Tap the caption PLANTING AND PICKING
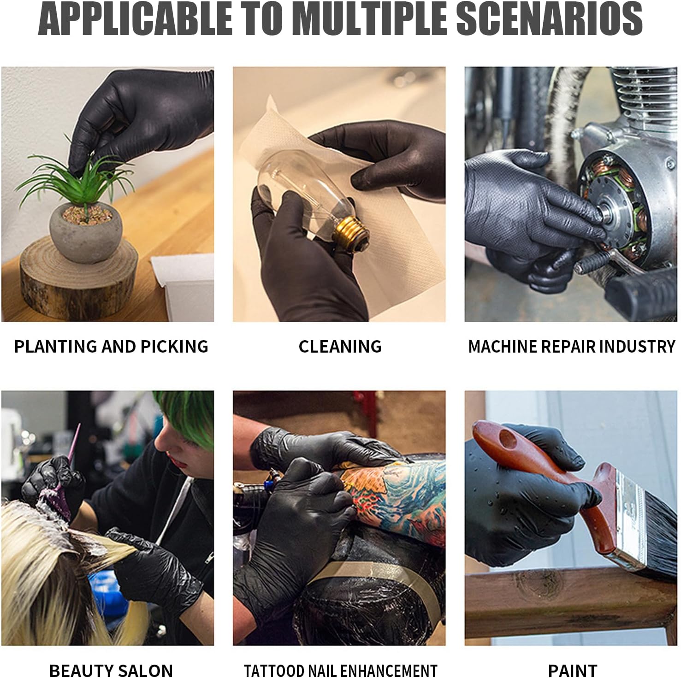coord(111,347)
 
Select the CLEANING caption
coord(340,347)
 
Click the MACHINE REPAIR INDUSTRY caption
coord(571,347)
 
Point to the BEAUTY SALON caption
coord(111,671)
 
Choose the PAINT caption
coord(572,671)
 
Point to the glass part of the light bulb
coord(295,184)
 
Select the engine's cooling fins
coord(645,92)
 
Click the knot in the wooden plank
coord(539,583)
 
